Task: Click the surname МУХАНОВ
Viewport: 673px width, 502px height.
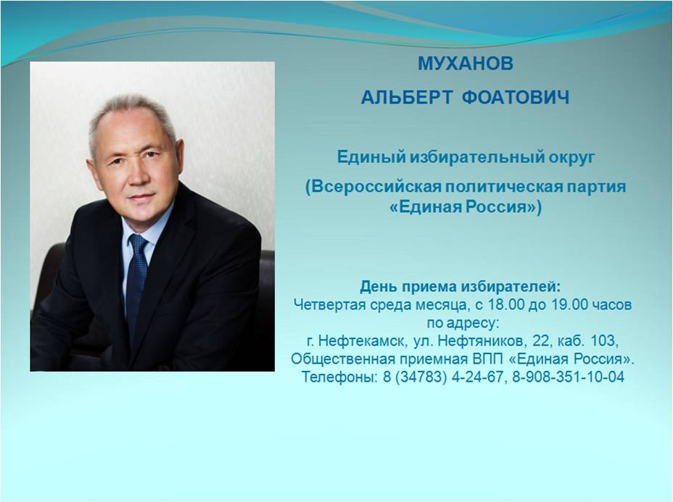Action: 466,64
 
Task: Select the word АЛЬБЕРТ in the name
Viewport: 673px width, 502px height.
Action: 406,98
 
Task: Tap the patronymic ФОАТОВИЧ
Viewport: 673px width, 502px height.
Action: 516,98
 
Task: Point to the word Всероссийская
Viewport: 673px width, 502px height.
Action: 376,187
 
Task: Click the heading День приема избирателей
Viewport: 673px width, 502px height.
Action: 460,286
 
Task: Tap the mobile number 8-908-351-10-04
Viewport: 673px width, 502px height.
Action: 569,377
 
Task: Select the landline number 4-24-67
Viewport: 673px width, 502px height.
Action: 477,377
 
